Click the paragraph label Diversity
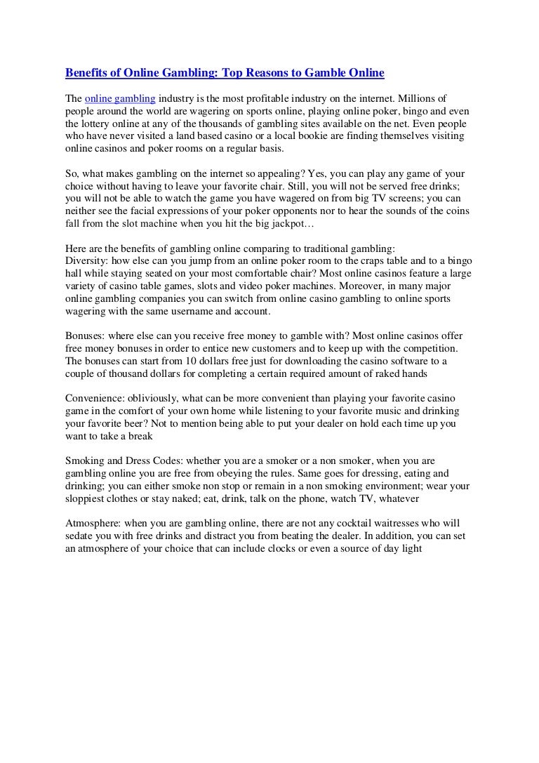(x=86, y=262)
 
